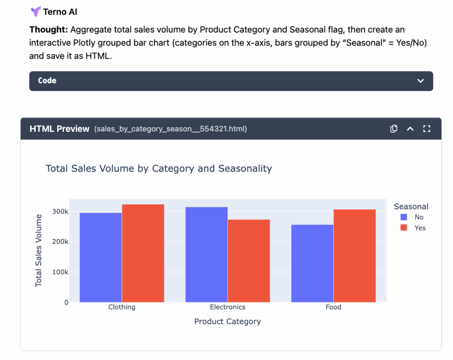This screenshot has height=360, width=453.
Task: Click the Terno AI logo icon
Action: (35, 11)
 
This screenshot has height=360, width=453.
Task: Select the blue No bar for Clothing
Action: (100, 257)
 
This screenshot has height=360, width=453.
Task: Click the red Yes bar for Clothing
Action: (143, 253)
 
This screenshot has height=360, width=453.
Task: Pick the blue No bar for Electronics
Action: (206, 254)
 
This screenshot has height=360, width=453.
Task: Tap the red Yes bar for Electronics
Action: (249, 261)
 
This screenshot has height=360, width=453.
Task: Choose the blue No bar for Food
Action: (312, 263)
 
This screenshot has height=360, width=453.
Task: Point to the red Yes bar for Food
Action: (354, 256)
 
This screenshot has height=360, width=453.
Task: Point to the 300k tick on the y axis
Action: (60, 211)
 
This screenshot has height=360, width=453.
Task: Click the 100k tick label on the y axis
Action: (60, 272)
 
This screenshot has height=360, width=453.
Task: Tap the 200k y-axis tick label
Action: (60, 242)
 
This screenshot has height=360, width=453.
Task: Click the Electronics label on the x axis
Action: (227, 307)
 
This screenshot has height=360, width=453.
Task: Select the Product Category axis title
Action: (227, 322)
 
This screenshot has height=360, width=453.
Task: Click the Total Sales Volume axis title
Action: (38, 250)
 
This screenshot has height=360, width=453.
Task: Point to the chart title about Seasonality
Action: (158, 169)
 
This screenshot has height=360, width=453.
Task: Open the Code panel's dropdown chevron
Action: (420, 81)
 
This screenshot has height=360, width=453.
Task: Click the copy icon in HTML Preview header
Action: (394, 129)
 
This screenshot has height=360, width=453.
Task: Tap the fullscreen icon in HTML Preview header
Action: (426, 129)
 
